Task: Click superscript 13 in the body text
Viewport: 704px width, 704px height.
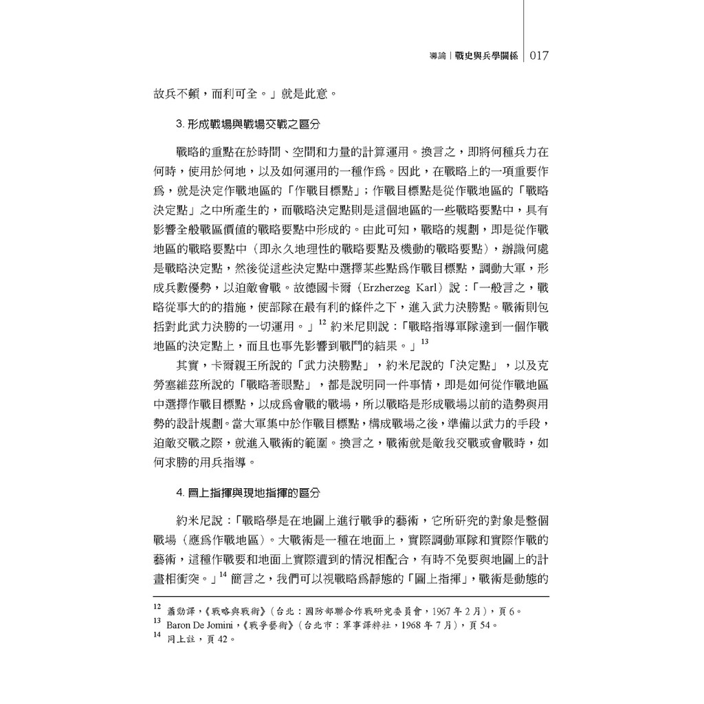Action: click(425, 341)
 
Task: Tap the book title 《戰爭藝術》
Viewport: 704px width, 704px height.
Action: click(269, 625)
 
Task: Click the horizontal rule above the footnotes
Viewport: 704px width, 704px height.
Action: click(351, 596)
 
